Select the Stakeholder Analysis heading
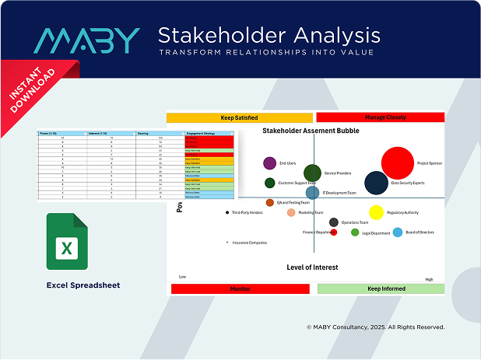pos(269,35)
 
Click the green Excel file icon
pos(67,246)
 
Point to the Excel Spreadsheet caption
pos(83,285)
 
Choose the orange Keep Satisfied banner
pos(239,117)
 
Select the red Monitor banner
pos(240,288)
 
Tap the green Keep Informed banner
pos(380,288)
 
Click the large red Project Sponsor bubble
pos(397,163)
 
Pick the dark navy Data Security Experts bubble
pos(376,183)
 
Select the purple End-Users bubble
pos(269,163)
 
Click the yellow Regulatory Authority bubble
pos(376,212)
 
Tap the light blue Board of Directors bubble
pos(398,232)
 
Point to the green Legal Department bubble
pos(355,232)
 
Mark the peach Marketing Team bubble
pos(291,212)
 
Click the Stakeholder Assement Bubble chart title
pos(311,131)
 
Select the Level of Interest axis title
pos(312,267)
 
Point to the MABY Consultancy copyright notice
pos(375,327)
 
